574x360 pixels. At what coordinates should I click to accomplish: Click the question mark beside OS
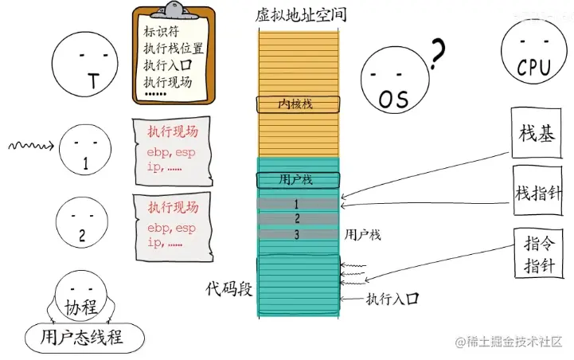click(x=435, y=55)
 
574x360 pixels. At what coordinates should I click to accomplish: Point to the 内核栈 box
click(x=298, y=104)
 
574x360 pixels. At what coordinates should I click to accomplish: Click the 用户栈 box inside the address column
click(x=298, y=179)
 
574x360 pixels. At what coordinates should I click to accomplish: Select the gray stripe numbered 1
click(x=297, y=205)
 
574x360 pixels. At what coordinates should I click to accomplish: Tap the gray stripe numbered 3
click(x=297, y=234)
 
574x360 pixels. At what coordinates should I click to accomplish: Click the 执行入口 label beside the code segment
click(x=392, y=299)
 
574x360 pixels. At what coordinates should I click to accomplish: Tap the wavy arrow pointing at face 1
click(x=30, y=146)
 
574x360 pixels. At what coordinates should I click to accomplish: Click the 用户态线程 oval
click(x=81, y=337)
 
